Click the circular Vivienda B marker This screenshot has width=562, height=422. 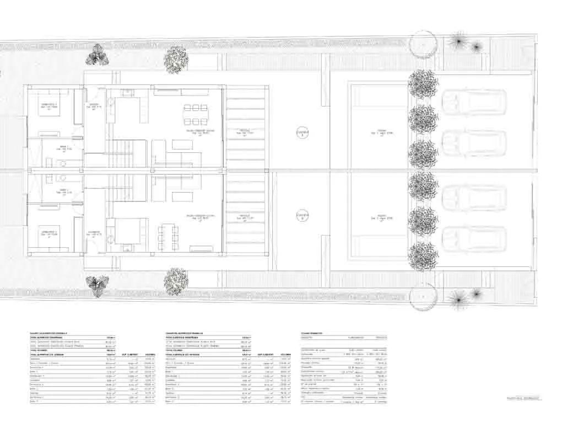point(302,216)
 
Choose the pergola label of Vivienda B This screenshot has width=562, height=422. point(246,216)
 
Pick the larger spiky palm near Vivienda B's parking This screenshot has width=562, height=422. point(458,298)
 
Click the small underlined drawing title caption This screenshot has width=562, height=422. point(523,397)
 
